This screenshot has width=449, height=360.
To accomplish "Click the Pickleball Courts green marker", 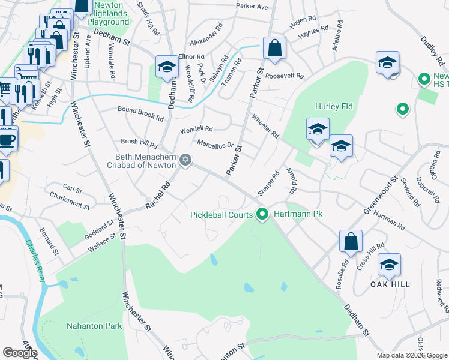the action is click(262, 214).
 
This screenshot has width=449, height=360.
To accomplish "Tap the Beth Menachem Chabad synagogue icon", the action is click(185, 160).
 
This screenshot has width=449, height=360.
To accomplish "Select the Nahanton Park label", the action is click(94, 326).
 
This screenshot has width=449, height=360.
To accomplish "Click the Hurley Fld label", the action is click(334, 106).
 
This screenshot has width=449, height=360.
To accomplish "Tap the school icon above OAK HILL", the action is click(389, 264).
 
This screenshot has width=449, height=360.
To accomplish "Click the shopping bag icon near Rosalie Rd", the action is click(350, 241).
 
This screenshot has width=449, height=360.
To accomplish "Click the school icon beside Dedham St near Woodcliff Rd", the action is click(166, 67).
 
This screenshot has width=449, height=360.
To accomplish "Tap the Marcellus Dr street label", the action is click(215, 144).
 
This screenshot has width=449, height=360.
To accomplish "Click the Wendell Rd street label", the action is click(197, 129).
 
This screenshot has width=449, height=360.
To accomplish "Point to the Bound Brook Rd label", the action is click(141, 113).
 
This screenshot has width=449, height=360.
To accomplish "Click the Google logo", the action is click(20, 353).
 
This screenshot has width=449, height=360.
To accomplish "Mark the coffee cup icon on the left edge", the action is click(7, 139).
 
